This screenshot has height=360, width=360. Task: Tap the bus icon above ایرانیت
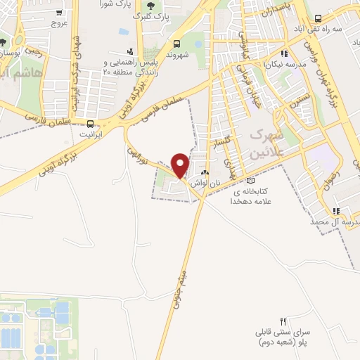coord(89,120)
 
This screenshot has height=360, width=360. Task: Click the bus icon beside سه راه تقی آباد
coord(319,18)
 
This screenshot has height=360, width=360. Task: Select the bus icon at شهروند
coord(177,44)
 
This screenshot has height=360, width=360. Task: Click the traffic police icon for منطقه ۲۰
coord(129,51)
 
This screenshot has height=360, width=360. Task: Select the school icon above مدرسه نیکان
coord(283,53)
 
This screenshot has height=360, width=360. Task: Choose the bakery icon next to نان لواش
coord(205,172)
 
